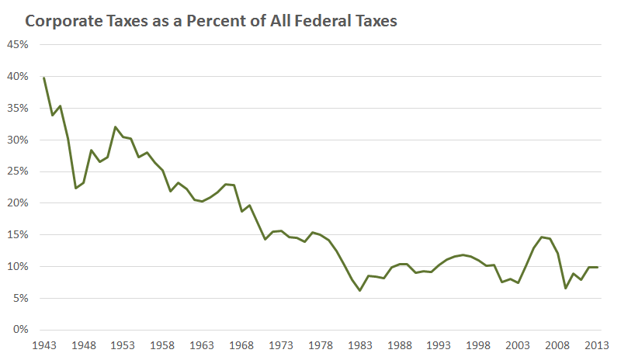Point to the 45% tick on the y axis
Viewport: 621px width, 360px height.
pos(18,45)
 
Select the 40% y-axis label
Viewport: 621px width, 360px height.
pos(18,77)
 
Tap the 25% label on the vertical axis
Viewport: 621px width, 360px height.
pos(18,171)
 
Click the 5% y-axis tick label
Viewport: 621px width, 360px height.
pos(20,298)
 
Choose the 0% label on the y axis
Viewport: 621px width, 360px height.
pos(20,330)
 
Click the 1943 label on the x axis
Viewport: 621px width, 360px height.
pos(44,345)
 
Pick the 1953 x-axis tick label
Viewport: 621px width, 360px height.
pos(123,345)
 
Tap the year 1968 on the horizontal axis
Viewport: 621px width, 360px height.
pos(241,345)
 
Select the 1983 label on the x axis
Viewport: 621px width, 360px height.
pos(359,345)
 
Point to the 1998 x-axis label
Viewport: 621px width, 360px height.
pos(478,345)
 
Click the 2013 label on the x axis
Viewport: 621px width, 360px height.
pos(596,345)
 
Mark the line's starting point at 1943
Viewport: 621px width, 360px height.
pos(44,78)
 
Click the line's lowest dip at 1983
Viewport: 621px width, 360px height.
pos(359,290)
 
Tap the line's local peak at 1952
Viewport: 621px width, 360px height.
pos(115,127)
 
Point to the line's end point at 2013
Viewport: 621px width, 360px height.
pos(596,267)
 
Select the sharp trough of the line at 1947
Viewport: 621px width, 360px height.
pos(75,189)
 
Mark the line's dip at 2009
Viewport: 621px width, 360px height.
pos(565,288)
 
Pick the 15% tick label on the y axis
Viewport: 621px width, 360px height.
pos(18,235)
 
